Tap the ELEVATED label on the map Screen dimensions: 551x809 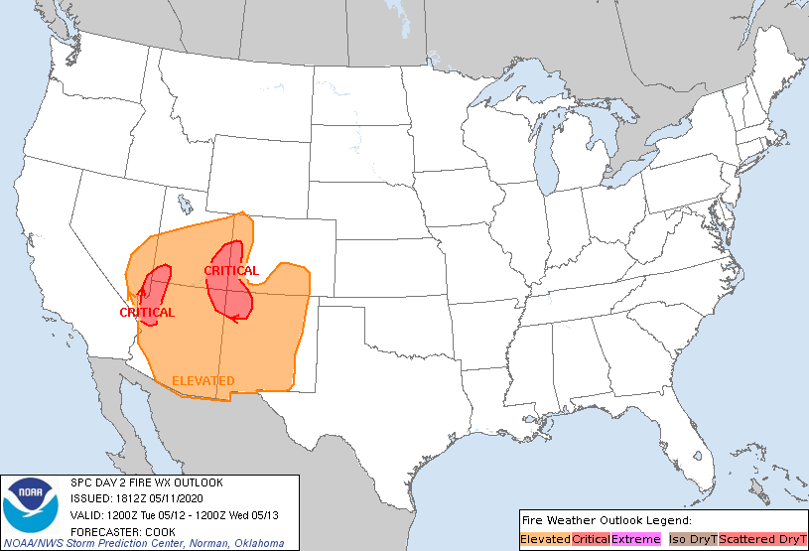tap(203, 380)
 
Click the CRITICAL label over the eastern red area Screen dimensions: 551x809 tap(231, 270)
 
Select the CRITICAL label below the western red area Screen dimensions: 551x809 tap(147, 312)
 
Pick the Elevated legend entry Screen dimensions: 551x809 tap(545, 538)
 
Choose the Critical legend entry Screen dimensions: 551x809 tap(591, 538)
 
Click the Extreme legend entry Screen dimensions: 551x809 tap(635, 538)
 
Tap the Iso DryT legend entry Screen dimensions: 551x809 tap(693, 538)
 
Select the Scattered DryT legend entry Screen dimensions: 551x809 tap(762, 538)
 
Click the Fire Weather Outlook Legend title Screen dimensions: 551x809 tap(606, 520)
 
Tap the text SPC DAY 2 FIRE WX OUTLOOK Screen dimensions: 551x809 tap(146, 482)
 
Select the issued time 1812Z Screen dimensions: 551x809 tap(133, 498)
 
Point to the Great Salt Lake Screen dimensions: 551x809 tap(185, 206)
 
